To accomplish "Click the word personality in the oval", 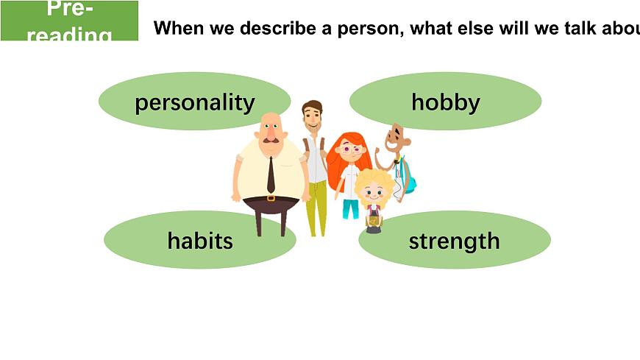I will [194, 102].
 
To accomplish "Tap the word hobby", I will [445, 102].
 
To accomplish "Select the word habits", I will [199, 240].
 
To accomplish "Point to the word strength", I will [454, 241].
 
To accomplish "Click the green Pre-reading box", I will [69, 21].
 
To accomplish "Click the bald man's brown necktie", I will [271, 175].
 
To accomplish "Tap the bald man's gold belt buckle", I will [271, 198].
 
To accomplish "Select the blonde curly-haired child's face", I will [374, 193].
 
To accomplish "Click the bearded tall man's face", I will [313, 118].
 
